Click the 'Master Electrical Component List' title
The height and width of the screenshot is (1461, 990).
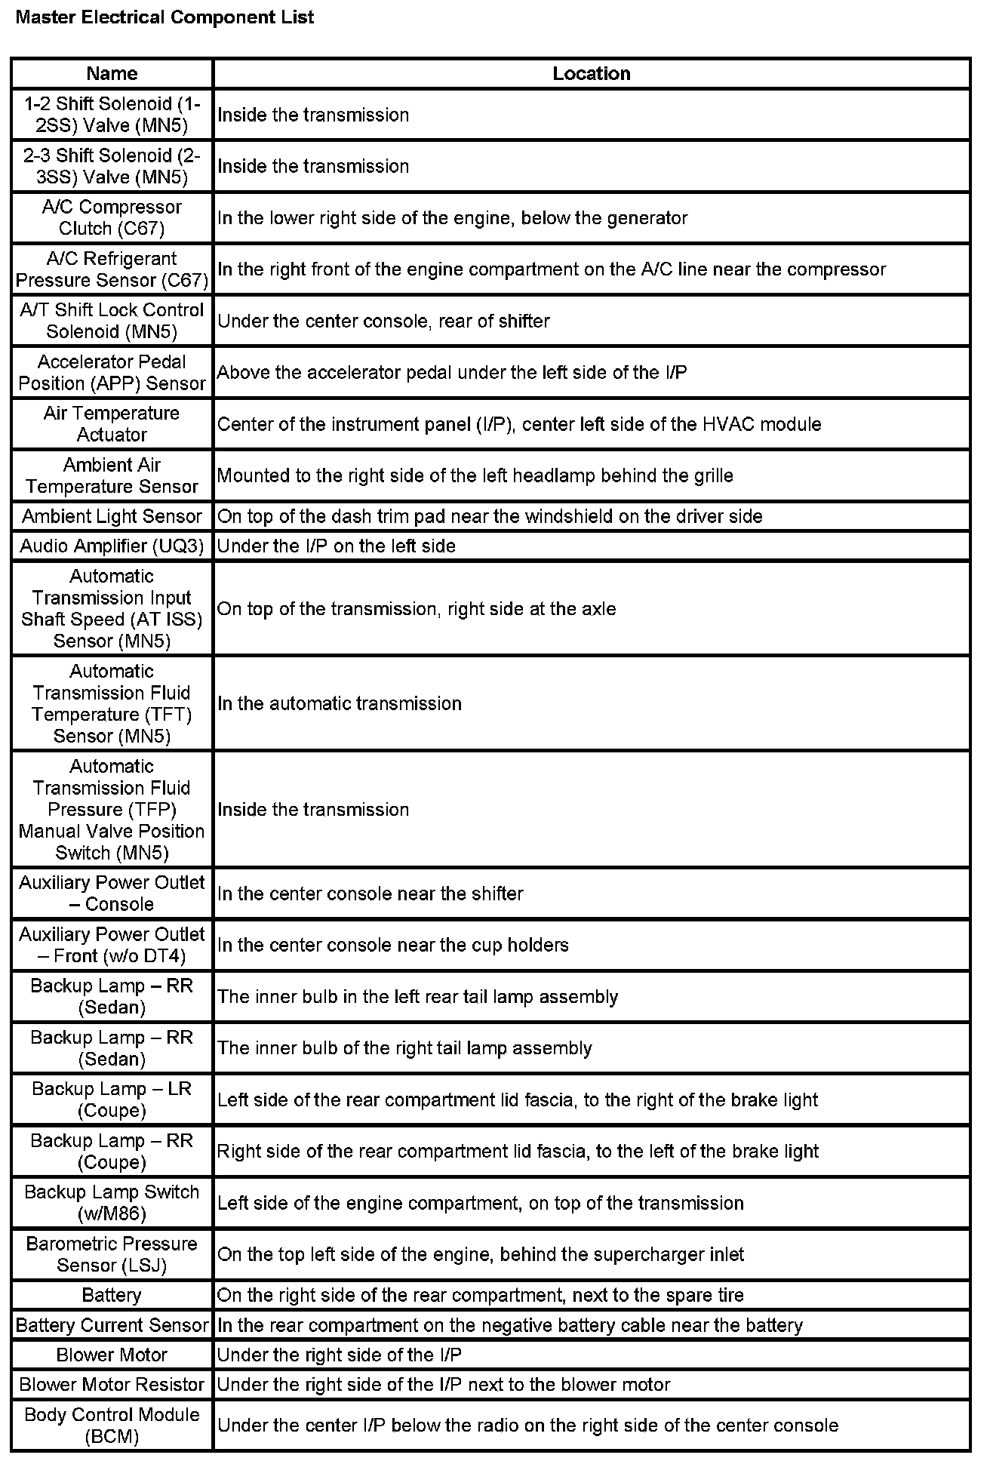[164, 18]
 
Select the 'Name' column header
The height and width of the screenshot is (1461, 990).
[112, 73]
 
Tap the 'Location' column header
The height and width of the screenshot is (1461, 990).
[591, 73]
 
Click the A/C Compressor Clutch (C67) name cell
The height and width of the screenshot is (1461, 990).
[112, 217]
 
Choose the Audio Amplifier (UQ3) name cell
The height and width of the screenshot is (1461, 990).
[112, 546]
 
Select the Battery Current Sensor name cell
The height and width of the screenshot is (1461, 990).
[112, 1325]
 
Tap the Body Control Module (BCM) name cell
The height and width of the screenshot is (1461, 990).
[112, 1426]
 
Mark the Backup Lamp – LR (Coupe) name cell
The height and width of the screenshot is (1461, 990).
[112, 1100]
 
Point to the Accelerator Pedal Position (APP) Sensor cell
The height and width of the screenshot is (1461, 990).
[112, 372]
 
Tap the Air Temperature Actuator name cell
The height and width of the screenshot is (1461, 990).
[112, 423]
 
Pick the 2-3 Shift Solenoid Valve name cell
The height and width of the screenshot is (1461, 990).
[112, 166]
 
